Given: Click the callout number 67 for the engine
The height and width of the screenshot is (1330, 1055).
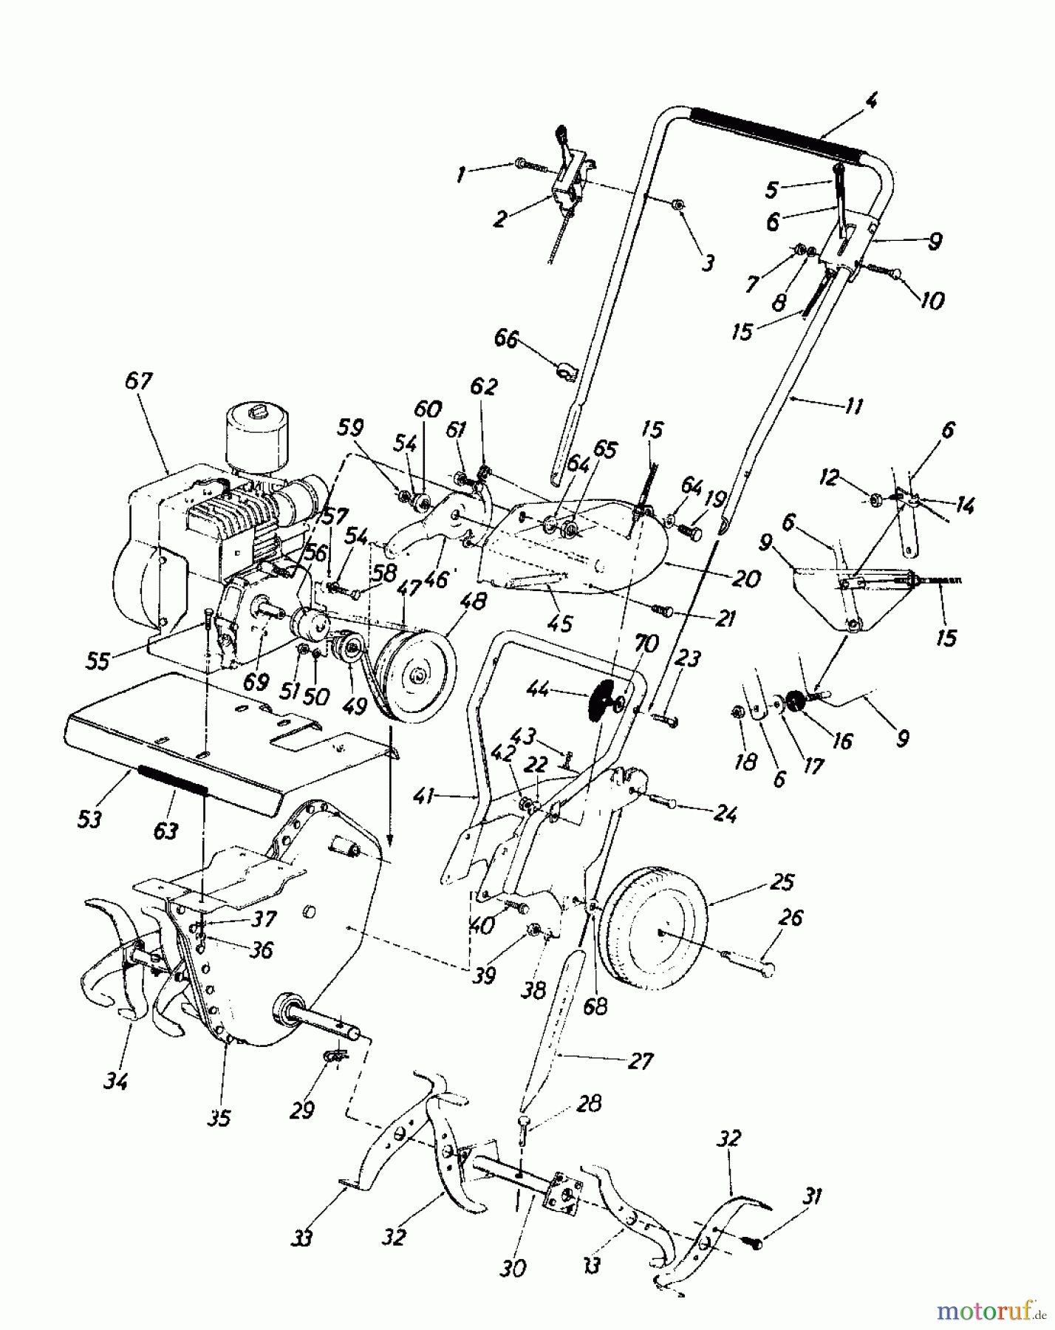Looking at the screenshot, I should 138,381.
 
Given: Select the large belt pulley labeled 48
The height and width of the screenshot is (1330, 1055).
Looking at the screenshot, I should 414,672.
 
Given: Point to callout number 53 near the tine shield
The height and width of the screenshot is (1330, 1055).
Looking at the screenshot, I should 89,819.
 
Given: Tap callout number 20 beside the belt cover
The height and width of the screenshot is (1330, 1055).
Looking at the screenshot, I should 746,579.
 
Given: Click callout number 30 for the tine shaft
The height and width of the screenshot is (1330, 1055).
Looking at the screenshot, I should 513,1268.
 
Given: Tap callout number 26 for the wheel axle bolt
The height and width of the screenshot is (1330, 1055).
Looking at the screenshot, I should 790,918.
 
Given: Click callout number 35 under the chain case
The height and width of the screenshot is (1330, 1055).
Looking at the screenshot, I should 219,1117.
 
